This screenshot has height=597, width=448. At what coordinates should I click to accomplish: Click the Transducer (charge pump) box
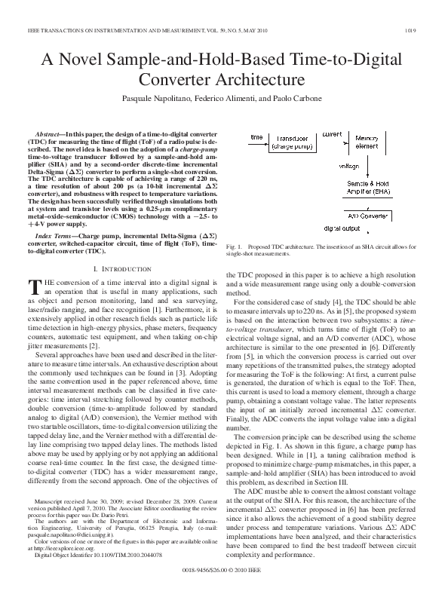coord(297,143)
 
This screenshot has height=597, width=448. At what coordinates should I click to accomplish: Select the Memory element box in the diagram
coord(367,143)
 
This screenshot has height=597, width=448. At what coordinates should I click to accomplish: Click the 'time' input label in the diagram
coord(256,137)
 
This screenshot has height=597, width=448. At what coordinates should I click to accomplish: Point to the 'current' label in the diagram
coord(332,133)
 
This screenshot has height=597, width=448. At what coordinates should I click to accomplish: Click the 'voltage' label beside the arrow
coord(349,164)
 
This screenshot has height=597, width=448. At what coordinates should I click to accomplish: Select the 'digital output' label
coord(340,228)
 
